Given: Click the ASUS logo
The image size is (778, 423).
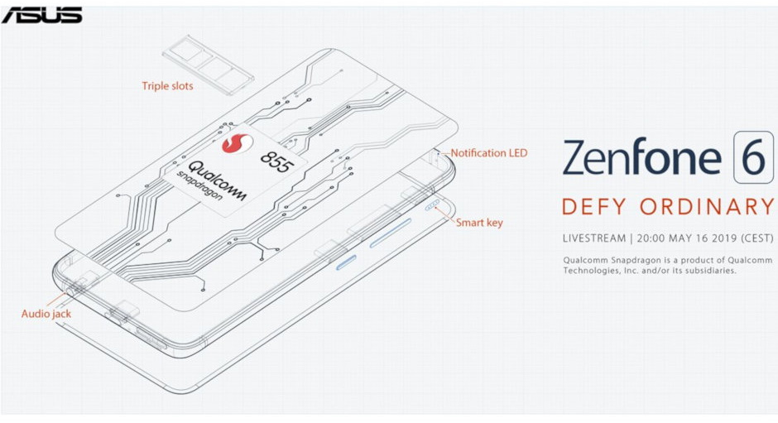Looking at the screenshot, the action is [41, 16].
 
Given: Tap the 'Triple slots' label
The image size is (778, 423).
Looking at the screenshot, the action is [167, 86].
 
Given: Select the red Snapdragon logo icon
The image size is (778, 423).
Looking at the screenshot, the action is [238, 143].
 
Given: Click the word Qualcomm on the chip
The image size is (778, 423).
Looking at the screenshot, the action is [217, 181].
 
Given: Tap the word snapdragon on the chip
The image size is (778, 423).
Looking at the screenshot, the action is [199, 186].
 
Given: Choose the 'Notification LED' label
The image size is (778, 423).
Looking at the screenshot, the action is [488, 153].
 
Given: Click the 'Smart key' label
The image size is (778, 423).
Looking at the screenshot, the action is [479, 223].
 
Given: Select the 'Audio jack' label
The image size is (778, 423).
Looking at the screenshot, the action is [46, 314].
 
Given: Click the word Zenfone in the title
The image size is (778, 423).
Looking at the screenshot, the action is [641, 156].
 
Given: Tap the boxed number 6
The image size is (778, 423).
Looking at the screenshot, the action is [753, 157].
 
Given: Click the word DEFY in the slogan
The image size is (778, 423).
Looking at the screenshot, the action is [594, 207].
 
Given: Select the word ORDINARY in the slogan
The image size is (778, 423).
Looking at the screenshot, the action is [707, 207].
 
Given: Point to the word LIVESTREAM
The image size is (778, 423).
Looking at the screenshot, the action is [594, 238].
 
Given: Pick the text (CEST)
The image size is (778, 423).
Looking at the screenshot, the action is [756, 238].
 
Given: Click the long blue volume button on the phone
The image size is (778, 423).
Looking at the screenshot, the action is [391, 233].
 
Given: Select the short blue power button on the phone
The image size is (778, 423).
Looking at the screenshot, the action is [346, 262].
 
